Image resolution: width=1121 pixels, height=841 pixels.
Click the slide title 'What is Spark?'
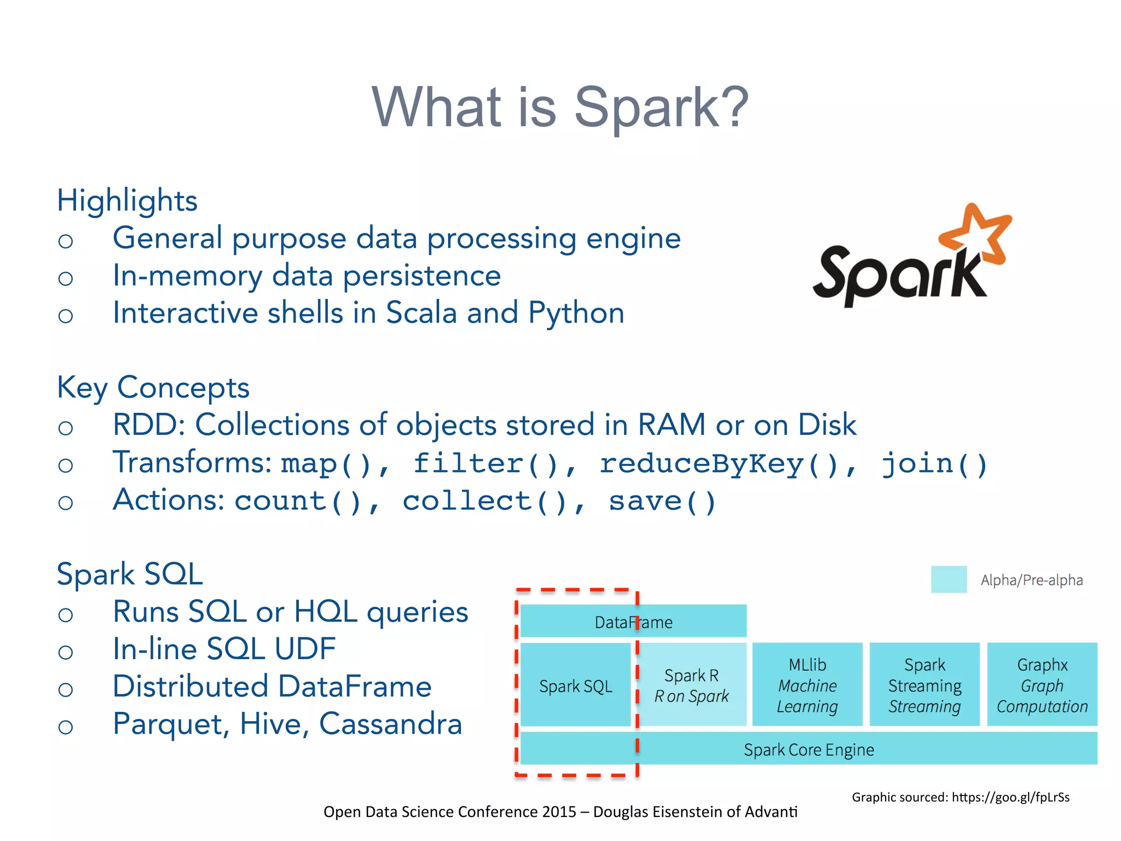click(559, 107)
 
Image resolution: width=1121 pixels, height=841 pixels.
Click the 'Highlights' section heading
click(127, 200)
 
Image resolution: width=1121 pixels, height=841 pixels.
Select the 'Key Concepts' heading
click(153, 388)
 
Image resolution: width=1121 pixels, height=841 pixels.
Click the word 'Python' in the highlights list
click(576, 313)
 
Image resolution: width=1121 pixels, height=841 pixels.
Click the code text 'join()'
click(934, 464)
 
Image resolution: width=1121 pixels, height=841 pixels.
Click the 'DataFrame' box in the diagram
click(633, 621)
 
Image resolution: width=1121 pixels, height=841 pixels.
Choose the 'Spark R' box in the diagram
click(692, 685)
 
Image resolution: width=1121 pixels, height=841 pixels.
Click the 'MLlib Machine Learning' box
click(807, 685)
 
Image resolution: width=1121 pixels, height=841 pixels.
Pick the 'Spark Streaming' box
click(924, 685)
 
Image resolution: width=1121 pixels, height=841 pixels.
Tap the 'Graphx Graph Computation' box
click(1042, 685)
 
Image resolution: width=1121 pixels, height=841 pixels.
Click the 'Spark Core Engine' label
click(808, 749)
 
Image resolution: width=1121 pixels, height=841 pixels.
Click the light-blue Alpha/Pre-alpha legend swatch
click(949, 579)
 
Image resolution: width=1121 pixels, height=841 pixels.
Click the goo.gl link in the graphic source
click(1010, 797)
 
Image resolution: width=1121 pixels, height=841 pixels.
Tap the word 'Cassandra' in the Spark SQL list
click(390, 724)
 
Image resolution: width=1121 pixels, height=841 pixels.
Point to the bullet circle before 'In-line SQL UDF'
click(66, 652)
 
